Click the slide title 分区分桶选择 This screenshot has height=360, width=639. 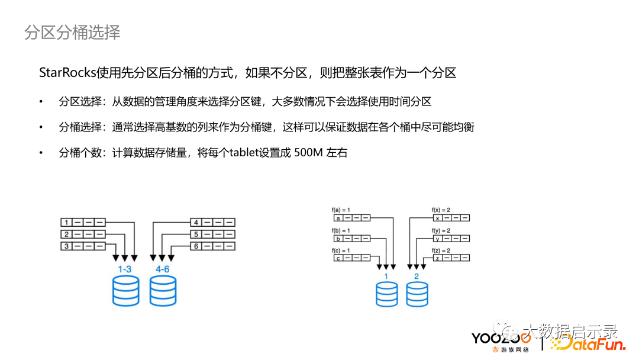tap(72, 32)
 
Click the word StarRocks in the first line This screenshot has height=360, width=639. tap(67, 73)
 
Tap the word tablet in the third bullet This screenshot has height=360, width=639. tap(244, 153)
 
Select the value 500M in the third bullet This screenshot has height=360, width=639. tap(308, 153)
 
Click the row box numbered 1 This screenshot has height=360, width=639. tap(83, 222)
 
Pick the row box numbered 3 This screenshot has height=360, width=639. tap(83, 246)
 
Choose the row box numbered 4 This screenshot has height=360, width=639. tap(213, 222)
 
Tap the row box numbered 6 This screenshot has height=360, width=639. tap(213, 246)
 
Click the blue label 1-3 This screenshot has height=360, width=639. tap(125, 269)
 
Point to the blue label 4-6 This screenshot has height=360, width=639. tap(162, 269)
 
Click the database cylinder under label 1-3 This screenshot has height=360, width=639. tap(126, 291)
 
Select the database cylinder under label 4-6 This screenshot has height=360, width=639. tap(163, 291)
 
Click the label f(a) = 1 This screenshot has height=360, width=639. tap(341, 210)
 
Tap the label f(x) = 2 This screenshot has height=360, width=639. tap(441, 210)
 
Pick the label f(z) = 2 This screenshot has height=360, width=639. tap(441, 250)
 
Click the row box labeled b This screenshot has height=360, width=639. tap(352, 239)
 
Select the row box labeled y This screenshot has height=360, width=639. tap(451, 239)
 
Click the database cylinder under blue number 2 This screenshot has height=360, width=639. tap(417, 294)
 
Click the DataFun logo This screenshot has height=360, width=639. tap(589, 345)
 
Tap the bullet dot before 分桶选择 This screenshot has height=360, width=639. tap(41, 127)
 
